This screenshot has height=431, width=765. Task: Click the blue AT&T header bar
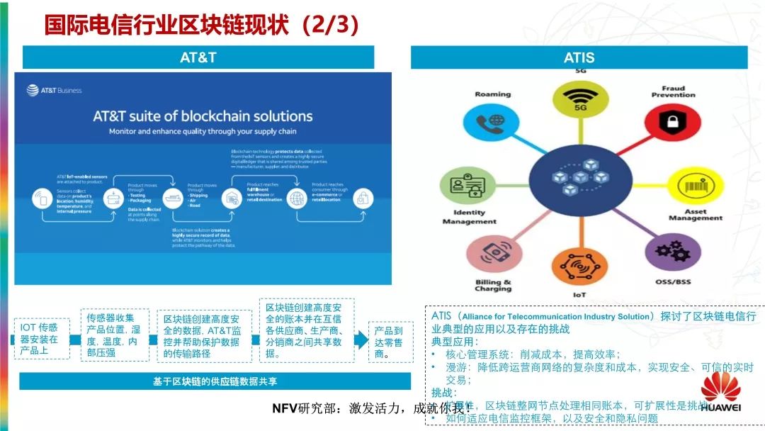click(198, 57)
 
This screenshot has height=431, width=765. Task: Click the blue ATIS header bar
click(579, 57)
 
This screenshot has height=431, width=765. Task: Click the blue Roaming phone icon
click(492, 122)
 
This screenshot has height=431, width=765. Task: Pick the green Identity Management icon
click(464, 186)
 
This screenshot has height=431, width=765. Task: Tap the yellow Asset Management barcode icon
click(693, 188)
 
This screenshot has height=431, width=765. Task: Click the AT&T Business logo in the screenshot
click(55, 90)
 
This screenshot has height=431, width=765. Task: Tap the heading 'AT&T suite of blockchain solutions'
click(203, 116)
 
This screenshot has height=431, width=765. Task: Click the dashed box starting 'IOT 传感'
click(42, 339)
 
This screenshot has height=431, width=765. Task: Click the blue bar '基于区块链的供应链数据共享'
click(215, 381)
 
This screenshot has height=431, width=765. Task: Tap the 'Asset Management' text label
click(695, 215)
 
